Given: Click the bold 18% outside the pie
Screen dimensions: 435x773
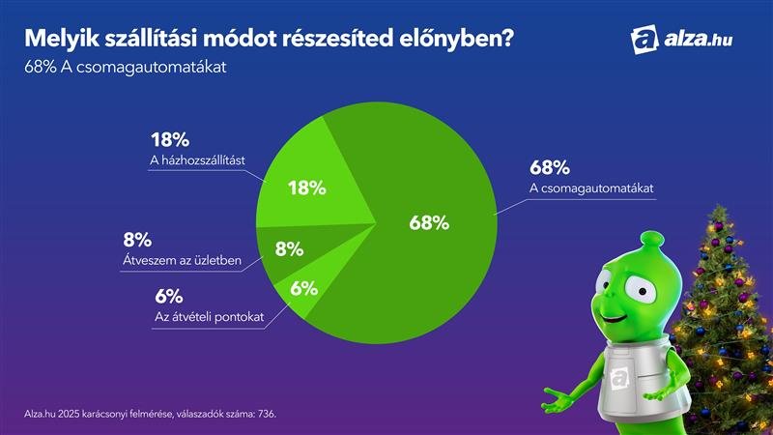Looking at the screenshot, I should (169, 139).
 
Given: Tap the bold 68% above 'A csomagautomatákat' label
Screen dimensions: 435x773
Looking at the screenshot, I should (549, 165).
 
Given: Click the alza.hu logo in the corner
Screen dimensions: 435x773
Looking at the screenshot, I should (686, 40).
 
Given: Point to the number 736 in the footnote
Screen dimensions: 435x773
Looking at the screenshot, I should (264, 414).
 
